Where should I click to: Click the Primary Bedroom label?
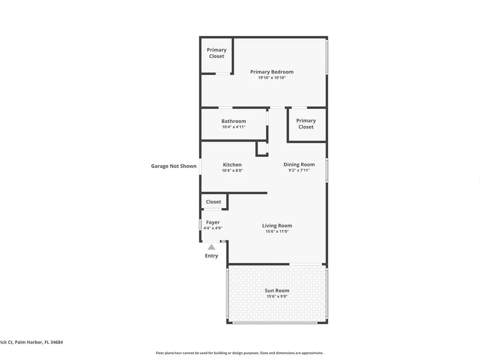pyautogui.click(x=272, y=72)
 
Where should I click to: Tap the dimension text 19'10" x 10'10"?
pyautogui.click(x=272, y=78)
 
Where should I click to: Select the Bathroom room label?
pyautogui.click(x=234, y=121)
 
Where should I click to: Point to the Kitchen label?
pyautogui.click(x=232, y=165)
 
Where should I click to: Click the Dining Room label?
pyautogui.click(x=299, y=165)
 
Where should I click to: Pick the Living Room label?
pyautogui.click(x=277, y=226)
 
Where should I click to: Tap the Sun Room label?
pyautogui.click(x=277, y=290)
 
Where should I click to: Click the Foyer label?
pyautogui.click(x=213, y=223)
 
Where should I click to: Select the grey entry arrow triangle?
pyautogui.click(x=212, y=247)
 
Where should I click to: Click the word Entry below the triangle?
pyautogui.click(x=212, y=256)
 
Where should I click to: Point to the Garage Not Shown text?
pyautogui.click(x=174, y=166)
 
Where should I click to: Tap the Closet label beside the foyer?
pyautogui.click(x=214, y=202)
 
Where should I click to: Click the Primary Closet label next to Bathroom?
pyautogui.click(x=306, y=124)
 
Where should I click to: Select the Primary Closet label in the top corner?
pyautogui.click(x=216, y=53)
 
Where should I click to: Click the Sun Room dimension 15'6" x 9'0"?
pyautogui.click(x=277, y=296)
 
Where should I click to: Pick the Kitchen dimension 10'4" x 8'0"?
pyautogui.click(x=232, y=170)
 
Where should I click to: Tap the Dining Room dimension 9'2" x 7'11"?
pyautogui.click(x=299, y=170)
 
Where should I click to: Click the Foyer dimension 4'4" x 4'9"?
pyautogui.click(x=213, y=228)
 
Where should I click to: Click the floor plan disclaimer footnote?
pyautogui.click(x=240, y=353)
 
